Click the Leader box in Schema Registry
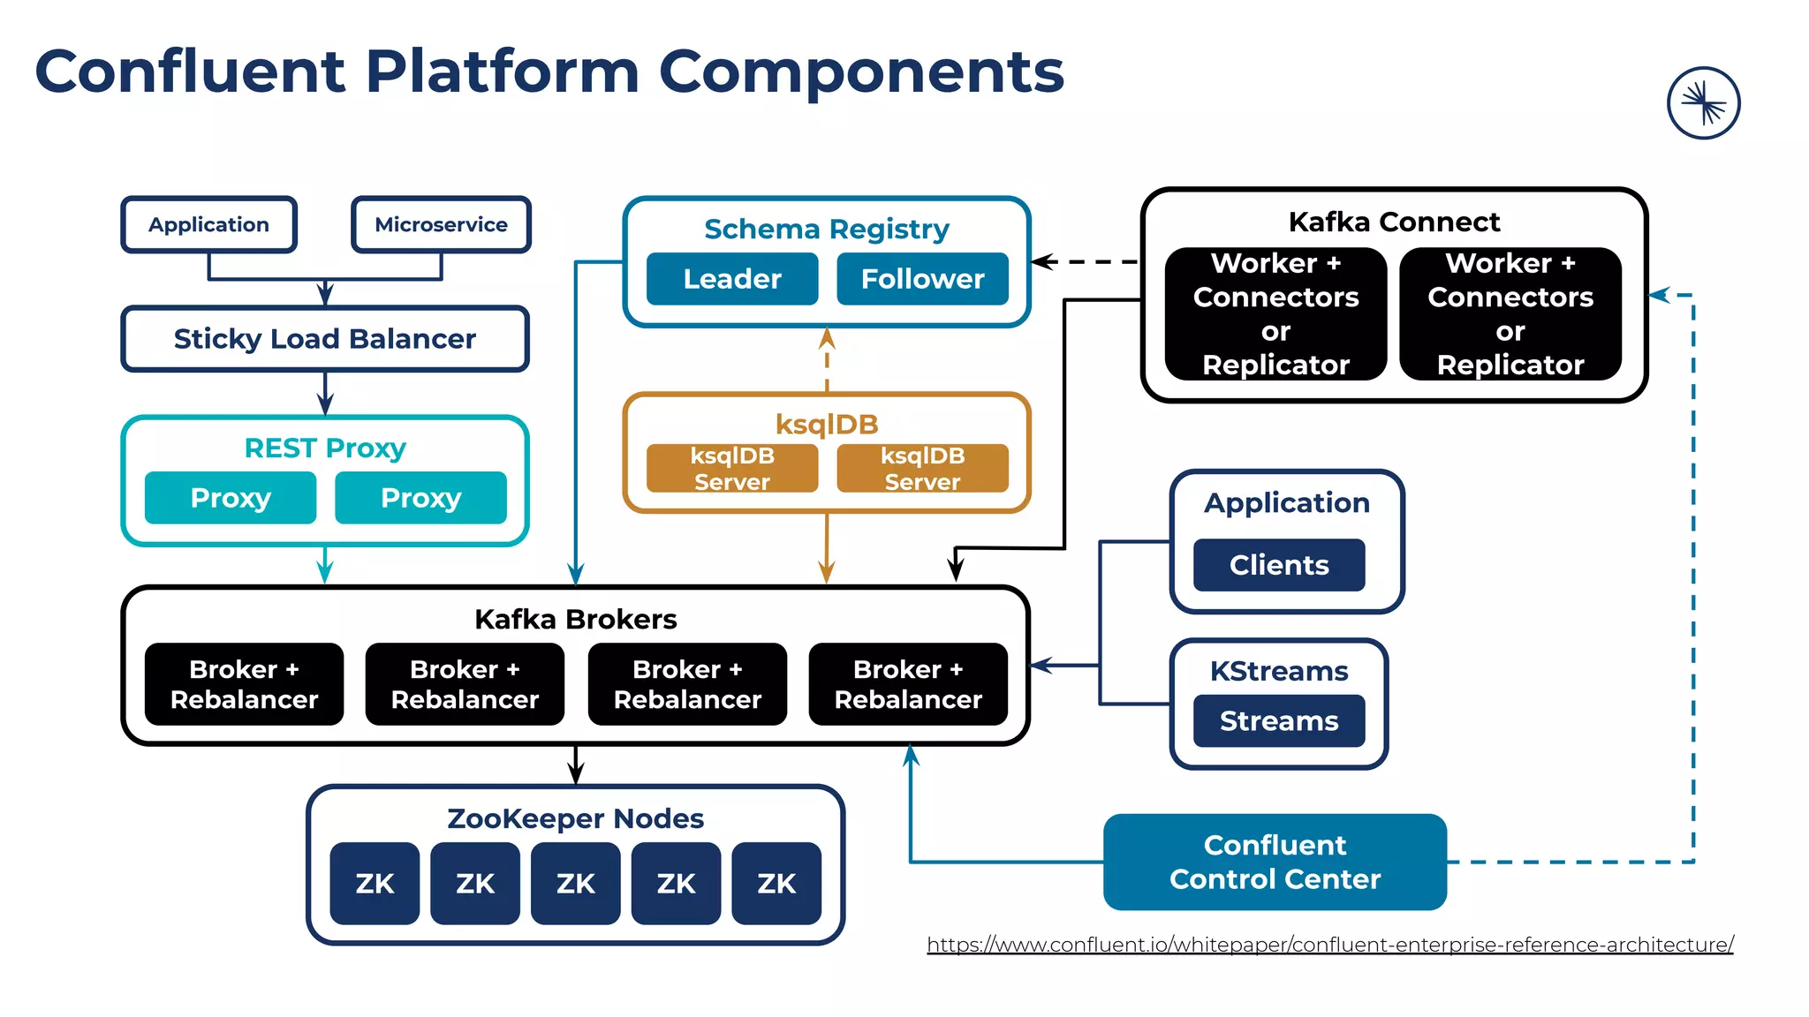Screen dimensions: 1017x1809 pos(731,279)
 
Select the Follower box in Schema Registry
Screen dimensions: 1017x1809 pos(922,279)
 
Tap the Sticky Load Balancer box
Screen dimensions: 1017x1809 pos(325,339)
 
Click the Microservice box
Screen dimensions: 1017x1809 pos(441,224)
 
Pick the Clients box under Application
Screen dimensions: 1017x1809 pos(1278,565)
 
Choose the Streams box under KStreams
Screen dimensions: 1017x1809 pos(1278,720)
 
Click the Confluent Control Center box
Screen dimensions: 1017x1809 pos(1275,862)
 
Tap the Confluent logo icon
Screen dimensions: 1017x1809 pos(1703,103)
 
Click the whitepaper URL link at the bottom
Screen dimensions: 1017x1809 pos(1329,945)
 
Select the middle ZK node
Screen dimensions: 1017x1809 pos(575,883)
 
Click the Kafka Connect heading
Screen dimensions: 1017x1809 pos(1394,222)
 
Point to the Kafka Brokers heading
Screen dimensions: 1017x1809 pos(575,619)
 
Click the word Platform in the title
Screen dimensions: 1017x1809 pos(502,72)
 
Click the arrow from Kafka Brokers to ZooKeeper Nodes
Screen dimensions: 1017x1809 pos(576,765)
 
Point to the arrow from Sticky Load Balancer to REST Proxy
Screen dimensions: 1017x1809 pos(325,393)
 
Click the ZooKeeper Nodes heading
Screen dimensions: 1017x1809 pos(575,818)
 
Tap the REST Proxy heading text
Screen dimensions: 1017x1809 pos(325,448)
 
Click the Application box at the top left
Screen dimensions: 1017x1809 pos(208,224)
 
